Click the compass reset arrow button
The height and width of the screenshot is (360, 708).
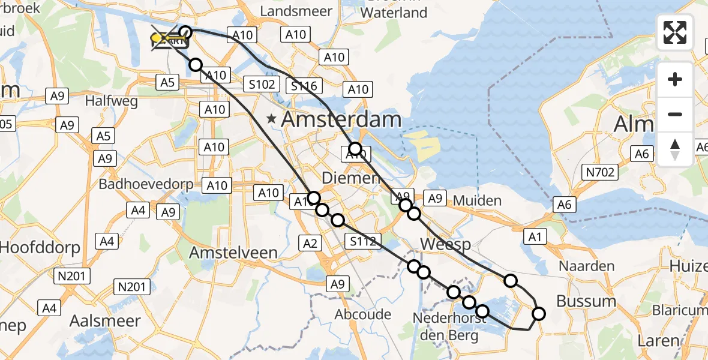(x=675, y=149)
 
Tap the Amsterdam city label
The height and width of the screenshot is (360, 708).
(x=341, y=119)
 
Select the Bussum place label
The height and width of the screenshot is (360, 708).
(x=587, y=301)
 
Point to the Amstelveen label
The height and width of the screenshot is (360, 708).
(x=233, y=253)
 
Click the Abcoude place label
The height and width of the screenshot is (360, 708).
(x=363, y=314)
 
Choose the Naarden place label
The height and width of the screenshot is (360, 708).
(x=586, y=266)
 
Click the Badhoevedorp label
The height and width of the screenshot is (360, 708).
(x=146, y=184)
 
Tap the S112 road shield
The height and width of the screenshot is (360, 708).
(x=362, y=242)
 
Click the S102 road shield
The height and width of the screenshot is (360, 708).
(x=262, y=85)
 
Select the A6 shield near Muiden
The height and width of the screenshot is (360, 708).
(x=564, y=205)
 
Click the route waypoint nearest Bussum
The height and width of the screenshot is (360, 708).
(x=539, y=313)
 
